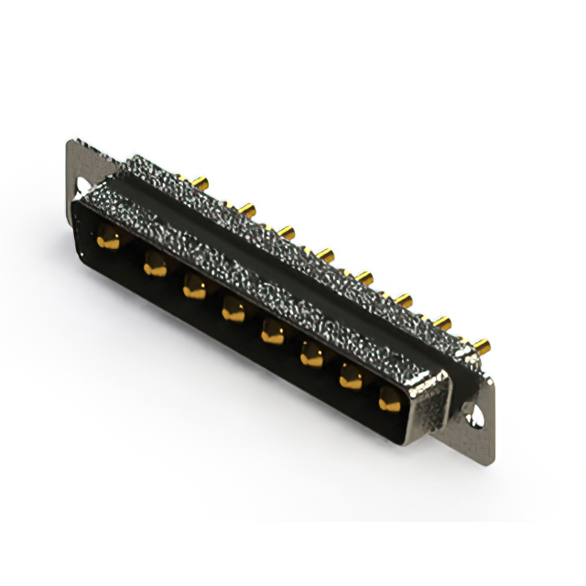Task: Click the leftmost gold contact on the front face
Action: click(x=109, y=242)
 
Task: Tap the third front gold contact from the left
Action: click(x=194, y=289)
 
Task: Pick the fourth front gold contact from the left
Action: click(x=233, y=311)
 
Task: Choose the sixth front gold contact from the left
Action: click(x=311, y=356)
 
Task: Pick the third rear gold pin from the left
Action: click(x=288, y=233)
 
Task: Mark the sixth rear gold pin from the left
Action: click(x=404, y=298)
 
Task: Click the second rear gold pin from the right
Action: click(x=443, y=321)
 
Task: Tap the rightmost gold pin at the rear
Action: click(x=481, y=346)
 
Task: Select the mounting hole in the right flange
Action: click(x=475, y=419)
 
